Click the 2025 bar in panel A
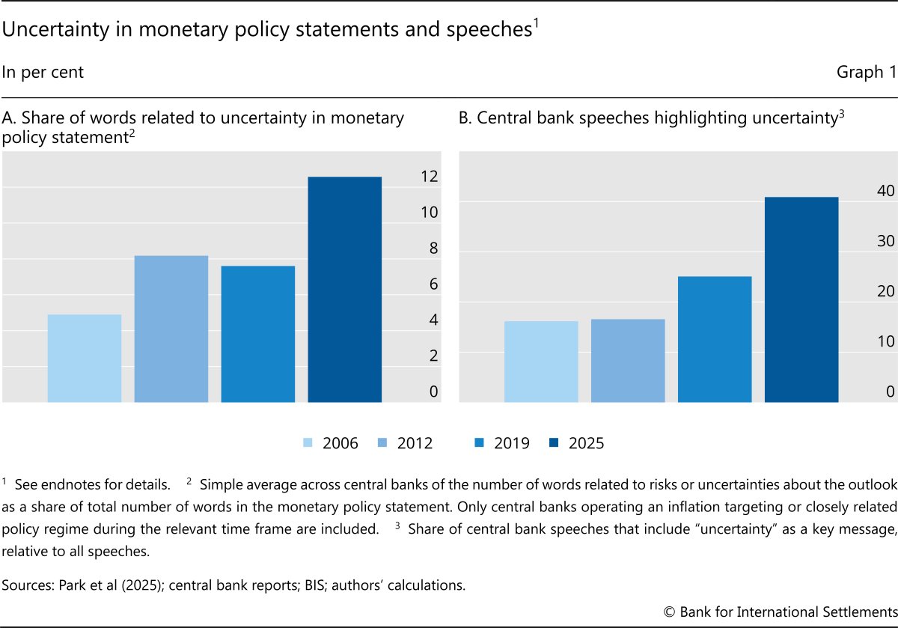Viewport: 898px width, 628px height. tap(344, 289)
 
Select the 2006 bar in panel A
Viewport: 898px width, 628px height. tap(85, 358)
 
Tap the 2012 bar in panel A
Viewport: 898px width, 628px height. tap(171, 329)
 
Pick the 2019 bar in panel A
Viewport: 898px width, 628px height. tap(258, 334)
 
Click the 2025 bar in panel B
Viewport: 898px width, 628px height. tap(801, 299)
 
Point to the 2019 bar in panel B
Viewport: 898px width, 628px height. tap(715, 339)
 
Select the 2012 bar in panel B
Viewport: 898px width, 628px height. tap(628, 360)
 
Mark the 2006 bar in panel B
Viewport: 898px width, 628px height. tap(541, 362)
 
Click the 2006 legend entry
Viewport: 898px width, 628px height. tap(330, 443)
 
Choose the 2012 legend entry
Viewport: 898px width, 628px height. tap(405, 443)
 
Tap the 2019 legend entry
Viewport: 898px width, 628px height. tap(501, 443)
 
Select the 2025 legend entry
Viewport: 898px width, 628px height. tap(575, 443)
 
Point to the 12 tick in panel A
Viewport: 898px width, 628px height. tap(429, 177)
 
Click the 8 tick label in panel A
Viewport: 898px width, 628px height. tap(433, 249)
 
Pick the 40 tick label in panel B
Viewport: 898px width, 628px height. tap(886, 191)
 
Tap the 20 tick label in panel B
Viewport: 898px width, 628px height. tap(886, 291)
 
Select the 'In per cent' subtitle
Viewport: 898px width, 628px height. tap(43, 73)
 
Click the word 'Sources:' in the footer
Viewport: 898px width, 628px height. tap(28, 585)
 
